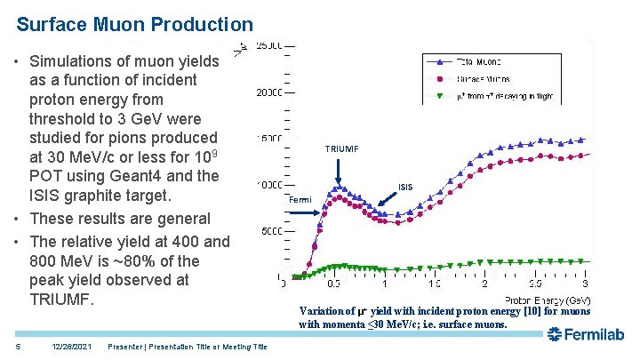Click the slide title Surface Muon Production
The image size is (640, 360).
135,25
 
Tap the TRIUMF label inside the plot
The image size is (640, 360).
341,149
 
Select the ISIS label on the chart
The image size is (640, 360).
404,188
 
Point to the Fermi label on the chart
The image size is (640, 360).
300,200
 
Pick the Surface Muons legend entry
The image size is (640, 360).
485,78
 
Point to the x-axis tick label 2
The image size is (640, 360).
484,284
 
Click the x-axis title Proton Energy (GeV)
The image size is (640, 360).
548,300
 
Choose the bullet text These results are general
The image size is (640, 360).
120,219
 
